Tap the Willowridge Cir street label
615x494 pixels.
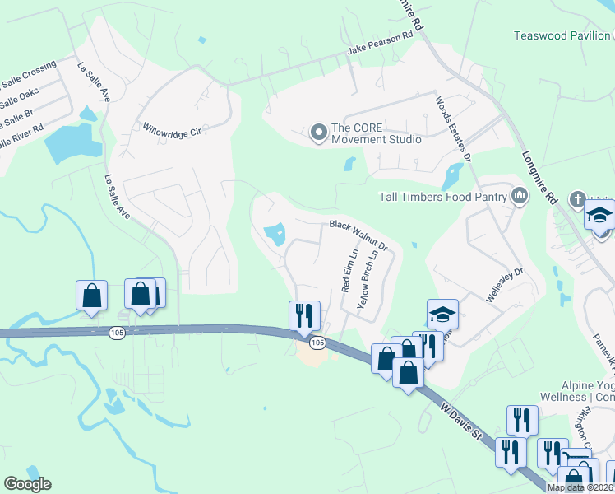(172, 130)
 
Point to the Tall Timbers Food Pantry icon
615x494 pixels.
(519, 196)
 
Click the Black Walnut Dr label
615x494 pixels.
(358, 235)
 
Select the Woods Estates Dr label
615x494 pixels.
(453, 127)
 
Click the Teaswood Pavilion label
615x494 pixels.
(562, 35)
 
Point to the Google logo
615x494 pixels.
(27, 484)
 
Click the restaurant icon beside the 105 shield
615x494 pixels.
(304, 315)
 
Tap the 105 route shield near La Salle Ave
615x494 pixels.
(117, 332)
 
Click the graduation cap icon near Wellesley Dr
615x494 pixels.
(442, 314)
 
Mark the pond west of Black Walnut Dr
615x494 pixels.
(274, 235)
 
